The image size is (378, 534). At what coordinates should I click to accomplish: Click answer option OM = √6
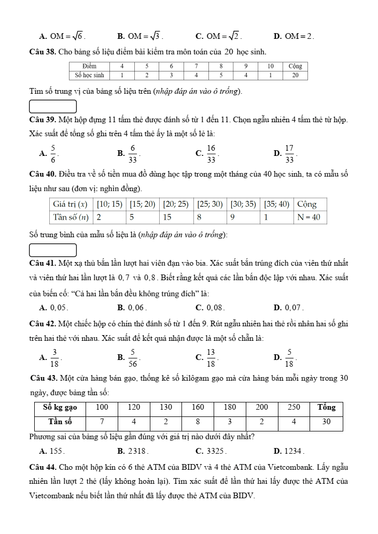point(66,36)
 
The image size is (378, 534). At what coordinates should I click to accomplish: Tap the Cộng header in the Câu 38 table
point(295,66)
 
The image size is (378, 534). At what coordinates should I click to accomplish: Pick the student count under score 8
point(220,75)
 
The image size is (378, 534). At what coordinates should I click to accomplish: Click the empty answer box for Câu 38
point(53,107)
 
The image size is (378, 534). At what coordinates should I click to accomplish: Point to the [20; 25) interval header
point(175,204)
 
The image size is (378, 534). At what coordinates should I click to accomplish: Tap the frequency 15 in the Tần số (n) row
point(168,217)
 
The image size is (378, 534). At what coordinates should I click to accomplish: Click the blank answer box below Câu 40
point(53,250)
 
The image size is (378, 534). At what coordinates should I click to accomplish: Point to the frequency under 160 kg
point(198,422)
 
